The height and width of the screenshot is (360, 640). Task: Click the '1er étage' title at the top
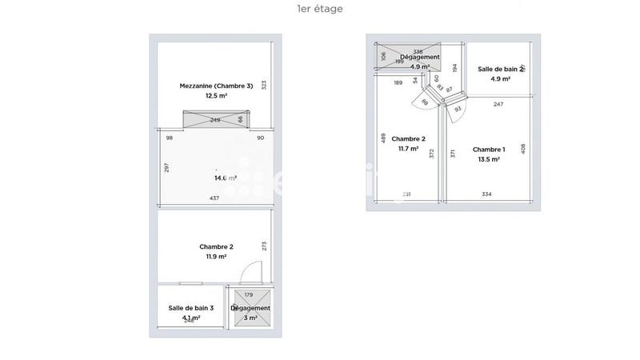319,9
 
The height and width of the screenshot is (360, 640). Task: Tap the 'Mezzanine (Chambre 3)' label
215,86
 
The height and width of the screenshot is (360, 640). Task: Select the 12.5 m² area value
215,95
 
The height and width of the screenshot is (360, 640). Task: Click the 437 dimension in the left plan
214,198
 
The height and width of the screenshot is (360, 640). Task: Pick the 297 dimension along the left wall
166,167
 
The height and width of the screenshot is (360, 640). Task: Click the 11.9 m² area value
215,257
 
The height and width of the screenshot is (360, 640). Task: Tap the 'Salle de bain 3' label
190,308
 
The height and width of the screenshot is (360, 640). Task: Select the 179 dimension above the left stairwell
248,295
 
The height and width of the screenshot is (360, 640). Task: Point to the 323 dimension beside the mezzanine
263,85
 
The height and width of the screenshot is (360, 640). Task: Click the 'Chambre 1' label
488,150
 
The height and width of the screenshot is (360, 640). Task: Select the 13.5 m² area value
488,159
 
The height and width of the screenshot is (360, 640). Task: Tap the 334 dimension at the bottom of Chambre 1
486,194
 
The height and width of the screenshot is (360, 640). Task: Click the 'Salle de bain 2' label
500,70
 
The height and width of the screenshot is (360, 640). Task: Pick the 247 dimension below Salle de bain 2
498,105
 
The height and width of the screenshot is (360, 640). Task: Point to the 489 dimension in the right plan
384,138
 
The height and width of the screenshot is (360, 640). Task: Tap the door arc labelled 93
458,110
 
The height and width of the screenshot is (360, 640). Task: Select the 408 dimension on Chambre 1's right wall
524,148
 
